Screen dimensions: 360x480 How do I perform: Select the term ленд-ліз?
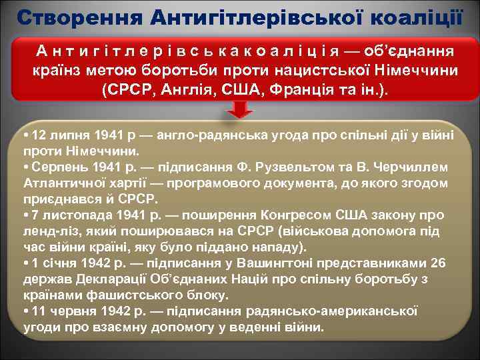[x=48, y=231]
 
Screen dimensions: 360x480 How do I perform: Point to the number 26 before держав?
[x=438, y=263]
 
